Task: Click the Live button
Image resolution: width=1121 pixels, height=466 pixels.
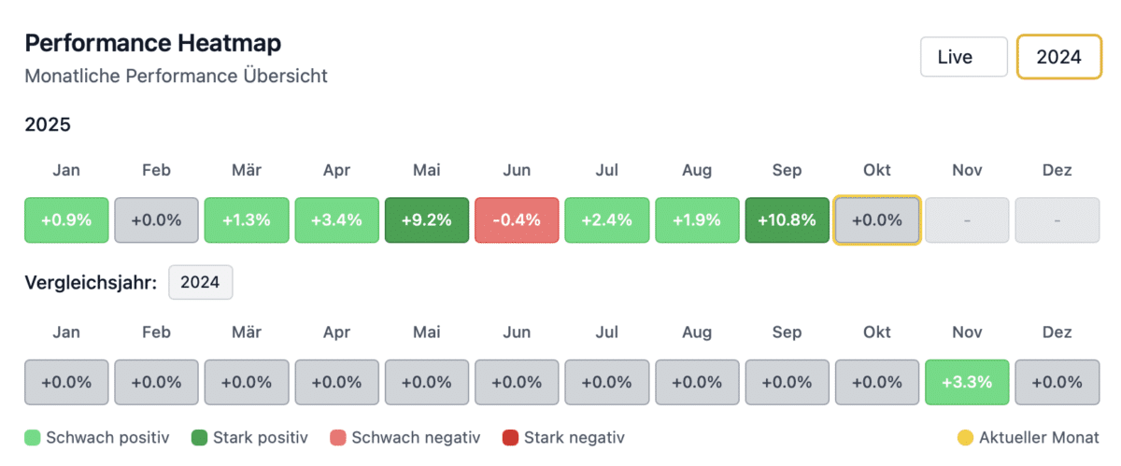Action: click(963, 57)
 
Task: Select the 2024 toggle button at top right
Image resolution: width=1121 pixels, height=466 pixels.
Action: click(1058, 57)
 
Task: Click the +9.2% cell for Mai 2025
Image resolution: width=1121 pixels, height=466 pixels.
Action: click(427, 220)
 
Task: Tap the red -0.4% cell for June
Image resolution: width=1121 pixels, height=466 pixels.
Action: click(517, 220)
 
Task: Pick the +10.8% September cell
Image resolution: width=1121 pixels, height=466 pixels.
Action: click(787, 220)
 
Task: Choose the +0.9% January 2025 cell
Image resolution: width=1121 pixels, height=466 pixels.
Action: click(66, 220)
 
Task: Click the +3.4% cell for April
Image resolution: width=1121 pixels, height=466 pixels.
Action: click(336, 220)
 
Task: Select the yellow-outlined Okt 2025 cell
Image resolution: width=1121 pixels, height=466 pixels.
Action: click(877, 220)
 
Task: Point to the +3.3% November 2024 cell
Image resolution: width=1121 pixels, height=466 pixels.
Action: click(967, 382)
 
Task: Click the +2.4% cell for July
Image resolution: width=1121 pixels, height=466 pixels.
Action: click(606, 220)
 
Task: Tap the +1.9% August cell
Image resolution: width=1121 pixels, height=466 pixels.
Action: click(697, 220)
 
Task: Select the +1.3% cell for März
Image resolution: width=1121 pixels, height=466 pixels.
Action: click(247, 220)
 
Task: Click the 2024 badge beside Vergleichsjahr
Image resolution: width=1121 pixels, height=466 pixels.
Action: click(200, 283)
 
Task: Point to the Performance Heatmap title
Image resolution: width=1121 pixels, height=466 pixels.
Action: click(153, 43)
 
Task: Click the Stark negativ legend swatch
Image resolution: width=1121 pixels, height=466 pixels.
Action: click(509, 437)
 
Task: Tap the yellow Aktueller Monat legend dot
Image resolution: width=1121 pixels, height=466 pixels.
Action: click(965, 437)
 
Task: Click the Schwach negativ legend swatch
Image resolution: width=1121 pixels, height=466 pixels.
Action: click(336, 437)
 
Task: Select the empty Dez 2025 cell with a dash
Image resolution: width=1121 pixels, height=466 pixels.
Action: click(1057, 220)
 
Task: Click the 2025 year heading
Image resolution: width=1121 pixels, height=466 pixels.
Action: click(48, 124)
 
